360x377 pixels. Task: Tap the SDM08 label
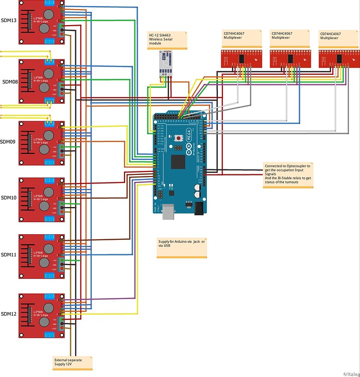10,81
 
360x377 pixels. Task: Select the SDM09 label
9,142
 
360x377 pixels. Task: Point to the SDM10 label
9,198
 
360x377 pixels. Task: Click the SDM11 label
9,255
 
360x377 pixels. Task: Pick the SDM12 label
9,314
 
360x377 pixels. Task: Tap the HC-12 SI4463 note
166,39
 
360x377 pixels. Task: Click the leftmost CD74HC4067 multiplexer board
242,59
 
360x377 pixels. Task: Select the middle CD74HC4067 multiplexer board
290,59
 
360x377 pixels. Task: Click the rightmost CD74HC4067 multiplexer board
338,59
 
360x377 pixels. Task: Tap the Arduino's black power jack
200,207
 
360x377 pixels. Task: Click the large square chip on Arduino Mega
178,161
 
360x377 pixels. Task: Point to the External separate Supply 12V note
73,362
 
